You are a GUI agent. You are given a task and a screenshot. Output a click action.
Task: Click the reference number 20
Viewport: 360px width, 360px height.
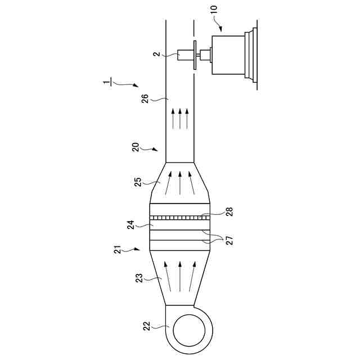135,147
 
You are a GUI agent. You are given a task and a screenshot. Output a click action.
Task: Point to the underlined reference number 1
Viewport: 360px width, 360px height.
106,83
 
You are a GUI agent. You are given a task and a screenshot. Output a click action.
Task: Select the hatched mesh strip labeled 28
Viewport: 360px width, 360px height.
179,217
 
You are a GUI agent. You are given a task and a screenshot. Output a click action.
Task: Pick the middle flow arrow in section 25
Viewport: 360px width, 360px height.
179,183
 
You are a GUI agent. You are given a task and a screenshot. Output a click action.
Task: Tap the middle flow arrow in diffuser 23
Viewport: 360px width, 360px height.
179,276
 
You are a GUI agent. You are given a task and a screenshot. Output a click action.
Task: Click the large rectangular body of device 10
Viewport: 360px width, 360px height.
228,55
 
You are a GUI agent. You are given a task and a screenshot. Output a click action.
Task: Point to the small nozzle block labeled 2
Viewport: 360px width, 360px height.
184,55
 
